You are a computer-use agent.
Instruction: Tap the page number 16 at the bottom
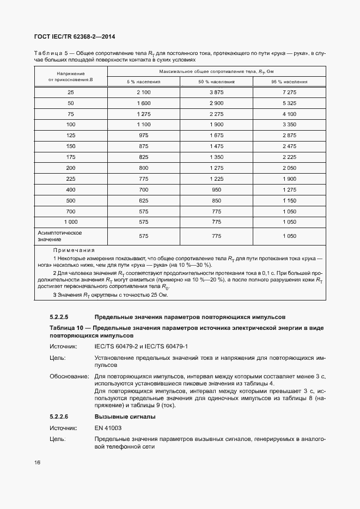pyautogui.click(x=38, y=463)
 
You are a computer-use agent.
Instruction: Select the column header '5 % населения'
pyautogui.click(x=144, y=82)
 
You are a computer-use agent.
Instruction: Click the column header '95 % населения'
pyautogui.click(x=289, y=82)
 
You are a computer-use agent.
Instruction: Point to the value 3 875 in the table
pyautogui.click(x=217, y=93)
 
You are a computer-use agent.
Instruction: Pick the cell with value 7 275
pyautogui.click(x=289, y=93)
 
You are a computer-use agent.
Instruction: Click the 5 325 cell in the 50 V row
pyautogui.click(x=289, y=103)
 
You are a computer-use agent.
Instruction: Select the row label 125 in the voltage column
pyautogui.click(x=71, y=135)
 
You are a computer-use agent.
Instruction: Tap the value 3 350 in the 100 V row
pyautogui.click(x=289, y=125)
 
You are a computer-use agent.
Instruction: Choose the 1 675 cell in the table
pyautogui.click(x=217, y=135)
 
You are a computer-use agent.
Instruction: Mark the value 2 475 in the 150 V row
pyautogui.click(x=289, y=146)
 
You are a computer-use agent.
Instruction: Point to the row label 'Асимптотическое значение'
pyautogui.click(x=60, y=236)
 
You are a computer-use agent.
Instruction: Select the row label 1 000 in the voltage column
pyautogui.click(x=71, y=221)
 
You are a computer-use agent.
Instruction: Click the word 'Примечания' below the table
pyautogui.click(x=74, y=249)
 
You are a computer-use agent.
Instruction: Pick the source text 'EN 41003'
pyautogui.click(x=108, y=428)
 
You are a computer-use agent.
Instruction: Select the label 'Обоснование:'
pyautogui.click(x=69, y=376)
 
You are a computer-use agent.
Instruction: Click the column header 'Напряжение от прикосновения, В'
pyautogui.click(x=71, y=77)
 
